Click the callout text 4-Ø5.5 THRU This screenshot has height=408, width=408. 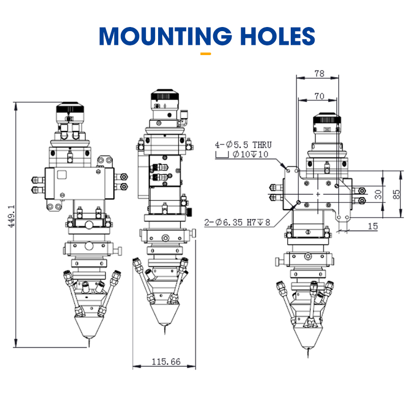pos(243,145)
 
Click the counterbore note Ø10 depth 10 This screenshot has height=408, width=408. pos(250,155)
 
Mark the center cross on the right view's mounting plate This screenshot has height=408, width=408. pos(318,194)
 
